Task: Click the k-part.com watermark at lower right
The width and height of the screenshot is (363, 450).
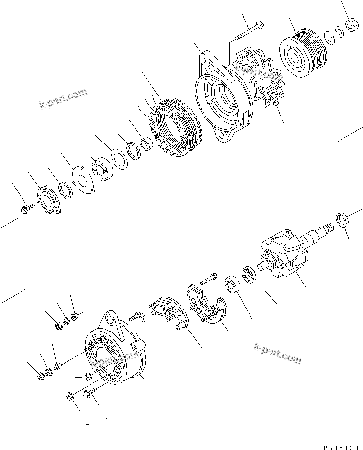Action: (277, 354)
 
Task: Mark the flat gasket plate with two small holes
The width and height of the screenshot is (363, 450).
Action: (83, 176)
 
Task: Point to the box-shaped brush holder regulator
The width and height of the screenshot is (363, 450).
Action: (165, 310)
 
